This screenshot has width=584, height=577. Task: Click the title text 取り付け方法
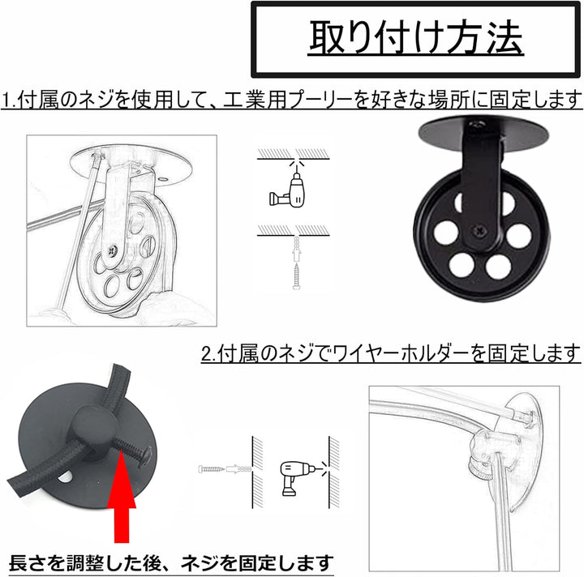(416, 37)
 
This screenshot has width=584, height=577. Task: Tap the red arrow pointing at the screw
(122, 494)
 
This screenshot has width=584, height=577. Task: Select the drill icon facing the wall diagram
(297, 478)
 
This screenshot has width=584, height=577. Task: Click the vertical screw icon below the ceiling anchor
(297, 276)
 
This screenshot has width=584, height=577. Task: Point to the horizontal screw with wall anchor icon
(225, 468)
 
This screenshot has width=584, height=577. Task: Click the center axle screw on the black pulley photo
(479, 231)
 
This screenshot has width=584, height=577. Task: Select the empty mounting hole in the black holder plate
(66, 477)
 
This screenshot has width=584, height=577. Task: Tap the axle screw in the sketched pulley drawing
(113, 250)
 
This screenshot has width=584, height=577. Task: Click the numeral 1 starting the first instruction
(6, 100)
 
